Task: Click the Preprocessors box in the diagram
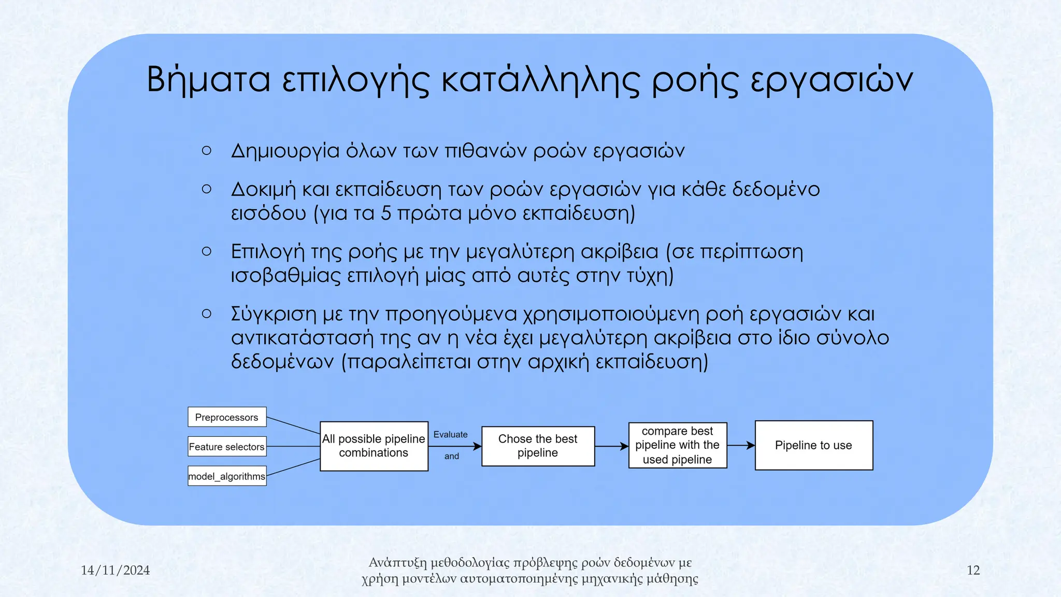point(227,417)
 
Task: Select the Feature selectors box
point(227,447)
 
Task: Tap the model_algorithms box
point(227,476)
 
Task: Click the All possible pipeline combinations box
point(374,446)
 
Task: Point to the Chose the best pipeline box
point(538,446)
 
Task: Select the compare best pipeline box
point(677,446)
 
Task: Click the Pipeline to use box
point(813,446)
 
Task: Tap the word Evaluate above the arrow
point(450,434)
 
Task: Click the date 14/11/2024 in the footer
point(115,571)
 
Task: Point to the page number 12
point(973,571)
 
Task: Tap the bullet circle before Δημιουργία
point(206,151)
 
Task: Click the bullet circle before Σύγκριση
point(206,314)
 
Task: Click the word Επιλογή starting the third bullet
point(267,252)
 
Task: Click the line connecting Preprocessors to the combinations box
point(293,425)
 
